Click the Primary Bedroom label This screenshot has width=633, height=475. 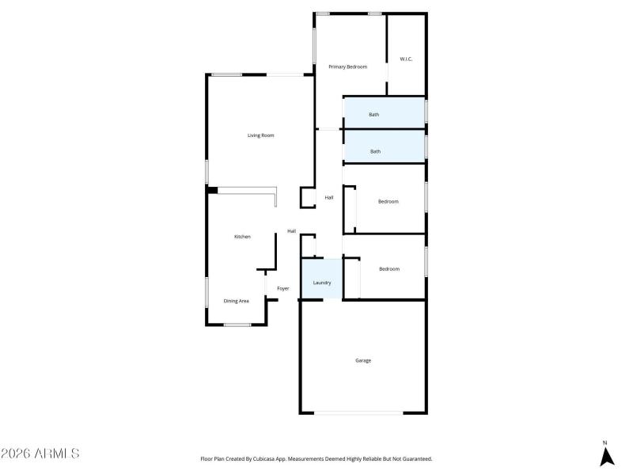[x=348, y=67]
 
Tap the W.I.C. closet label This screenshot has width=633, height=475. [x=406, y=59]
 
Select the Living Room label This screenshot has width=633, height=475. [x=260, y=135]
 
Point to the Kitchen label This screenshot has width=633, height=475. [x=242, y=237]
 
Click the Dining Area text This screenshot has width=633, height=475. [x=237, y=301]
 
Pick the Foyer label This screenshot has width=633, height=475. [x=282, y=289]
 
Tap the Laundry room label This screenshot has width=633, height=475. [x=322, y=283]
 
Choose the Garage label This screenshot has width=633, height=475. [x=363, y=360]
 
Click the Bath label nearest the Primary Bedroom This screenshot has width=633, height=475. [x=374, y=115]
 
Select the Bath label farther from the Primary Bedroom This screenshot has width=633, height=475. [x=375, y=151]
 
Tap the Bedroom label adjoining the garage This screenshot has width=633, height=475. [x=389, y=269]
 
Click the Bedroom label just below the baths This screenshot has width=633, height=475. [x=388, y=202]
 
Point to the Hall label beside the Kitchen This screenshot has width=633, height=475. [x=291, y=231]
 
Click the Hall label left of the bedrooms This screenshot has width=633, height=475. [x=328, y=197]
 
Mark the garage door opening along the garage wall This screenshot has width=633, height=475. [x=358, y=412]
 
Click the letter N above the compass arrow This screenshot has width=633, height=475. [x=605, y=443]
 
